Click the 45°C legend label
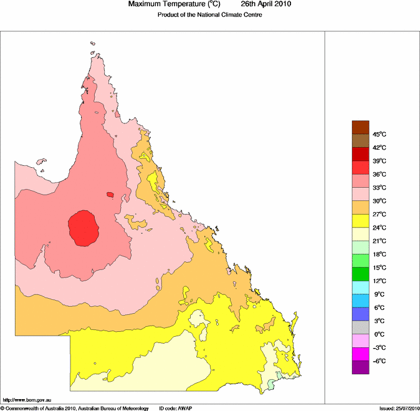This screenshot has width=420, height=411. tap(379, 134)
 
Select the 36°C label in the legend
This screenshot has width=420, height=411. tap(379, 174)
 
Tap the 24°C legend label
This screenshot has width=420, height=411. tap(379, 228)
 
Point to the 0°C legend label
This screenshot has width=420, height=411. tap(379, 334)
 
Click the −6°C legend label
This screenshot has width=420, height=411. tap(379, 361)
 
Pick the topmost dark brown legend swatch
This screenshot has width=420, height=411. tap(361, 127)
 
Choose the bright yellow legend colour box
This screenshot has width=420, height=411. tap(361, 221)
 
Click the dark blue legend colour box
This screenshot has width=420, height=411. tap(361, 314)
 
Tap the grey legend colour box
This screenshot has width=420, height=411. tap(361, 327)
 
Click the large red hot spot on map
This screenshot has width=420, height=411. tap(84, 228)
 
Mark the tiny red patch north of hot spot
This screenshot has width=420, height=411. tap(110, 195)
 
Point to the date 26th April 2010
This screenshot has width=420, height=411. tap(262, 4)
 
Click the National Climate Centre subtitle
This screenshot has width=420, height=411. tap(209, 14)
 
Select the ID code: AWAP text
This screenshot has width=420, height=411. tap(176, 408)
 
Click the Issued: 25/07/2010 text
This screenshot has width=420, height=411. tap(399, 408)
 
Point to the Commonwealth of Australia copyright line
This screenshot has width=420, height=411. tap(75, 408)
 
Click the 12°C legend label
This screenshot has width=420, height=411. tap(379, 281)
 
